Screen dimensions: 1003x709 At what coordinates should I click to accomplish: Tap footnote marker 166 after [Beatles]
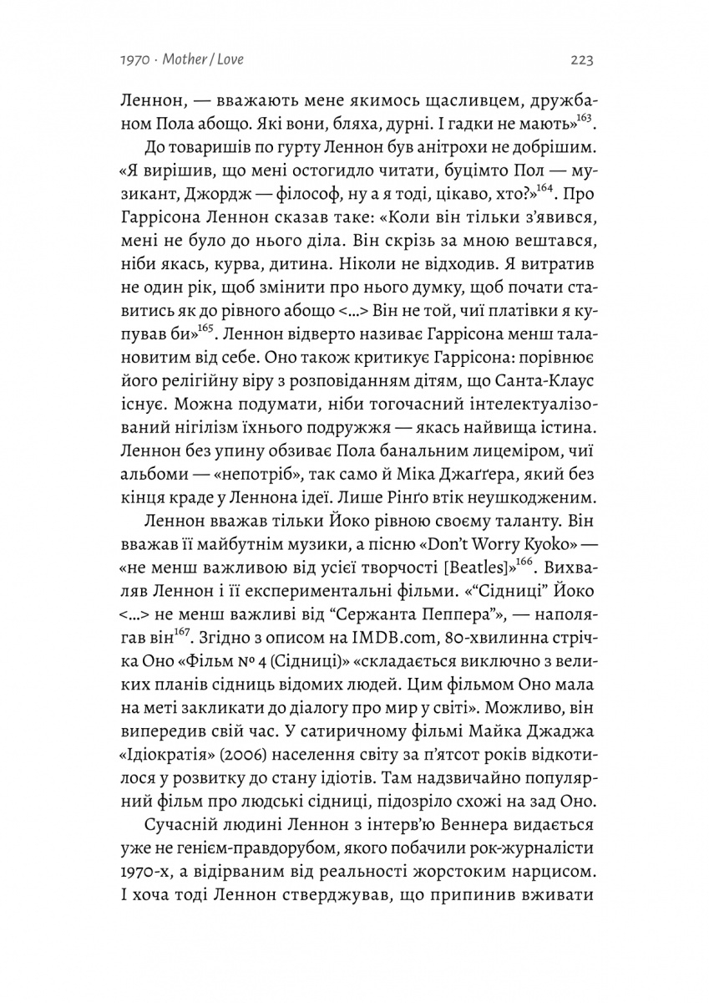point(524,563)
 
